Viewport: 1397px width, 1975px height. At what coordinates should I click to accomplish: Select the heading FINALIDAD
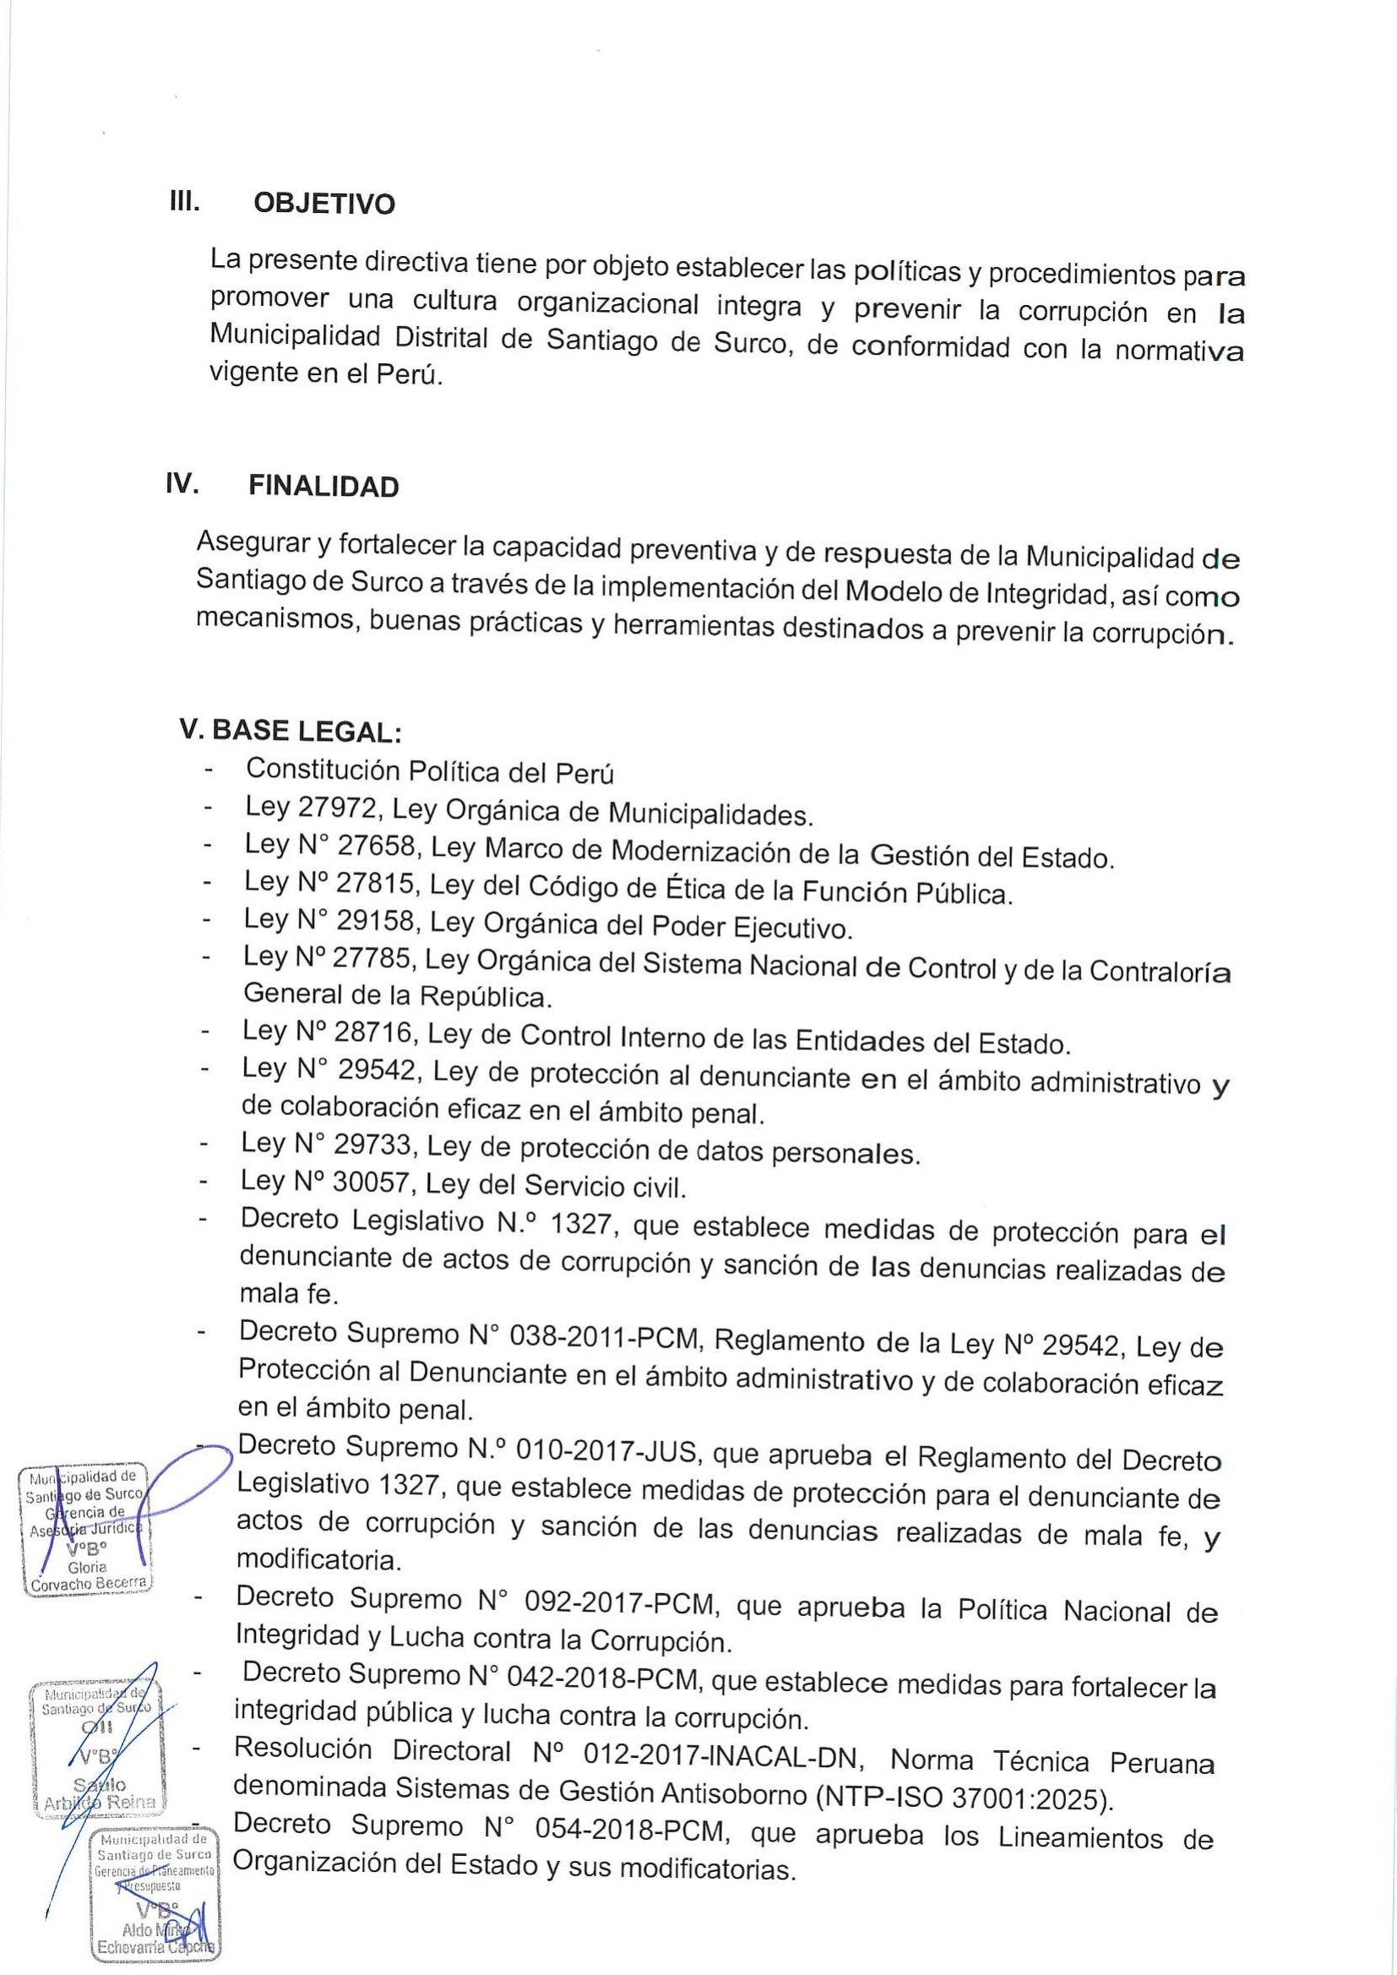point(323,487)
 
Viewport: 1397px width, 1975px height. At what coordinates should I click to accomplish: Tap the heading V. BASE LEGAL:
point(291,732)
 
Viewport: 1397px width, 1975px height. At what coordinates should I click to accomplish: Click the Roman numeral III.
point(185,201)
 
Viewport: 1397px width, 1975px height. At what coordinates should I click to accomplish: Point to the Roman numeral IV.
point(183,483)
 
